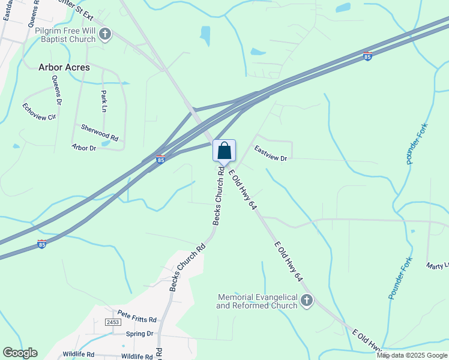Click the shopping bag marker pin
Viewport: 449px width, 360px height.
[224, 151]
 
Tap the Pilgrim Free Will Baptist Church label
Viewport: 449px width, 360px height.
[65, 35]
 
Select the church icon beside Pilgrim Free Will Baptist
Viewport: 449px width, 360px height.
[105, 34]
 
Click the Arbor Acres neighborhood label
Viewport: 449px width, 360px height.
[64, 67]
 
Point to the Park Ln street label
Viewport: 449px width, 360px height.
[104, 101]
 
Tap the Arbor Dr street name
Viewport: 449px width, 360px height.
[84, 147]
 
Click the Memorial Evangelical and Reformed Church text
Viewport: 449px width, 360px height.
[258, 301]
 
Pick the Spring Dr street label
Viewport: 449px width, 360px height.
[140, 334]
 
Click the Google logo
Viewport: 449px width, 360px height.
[20, 353]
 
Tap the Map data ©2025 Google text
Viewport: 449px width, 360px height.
[412, 355]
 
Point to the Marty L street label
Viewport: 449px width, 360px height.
[438, 265]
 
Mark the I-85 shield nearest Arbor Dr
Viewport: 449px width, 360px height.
[160, 160]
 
